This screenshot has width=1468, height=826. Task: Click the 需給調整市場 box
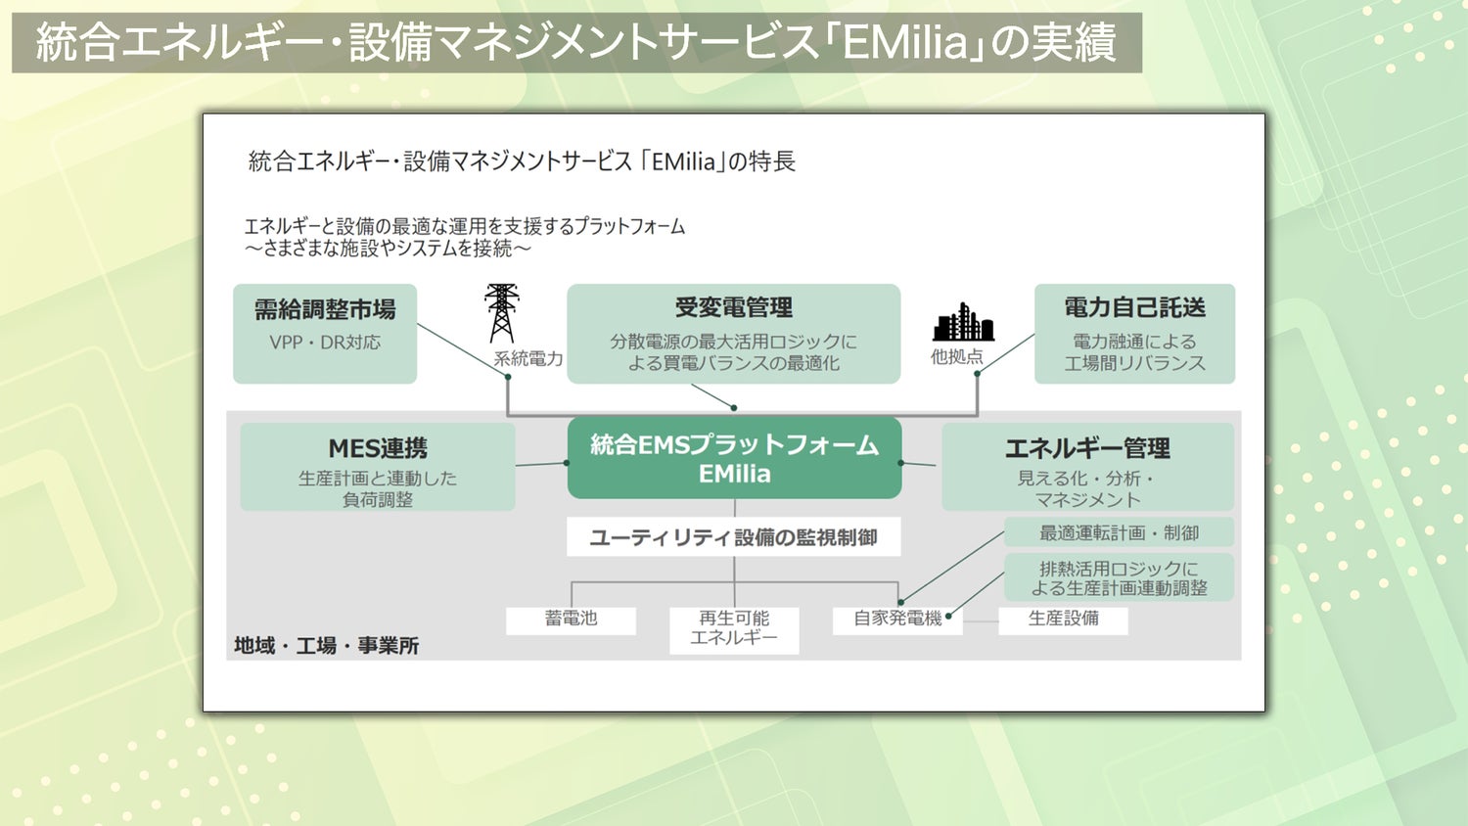point(325,333)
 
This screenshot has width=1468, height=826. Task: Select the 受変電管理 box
point(733,333)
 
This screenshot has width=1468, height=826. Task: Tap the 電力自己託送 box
point(1134,333)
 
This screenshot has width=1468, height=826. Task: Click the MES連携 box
point(378,467)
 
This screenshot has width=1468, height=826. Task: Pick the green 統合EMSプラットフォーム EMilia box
point(734,458)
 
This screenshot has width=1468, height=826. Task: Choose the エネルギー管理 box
point(1087,467)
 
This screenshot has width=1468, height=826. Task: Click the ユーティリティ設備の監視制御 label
point(733,537)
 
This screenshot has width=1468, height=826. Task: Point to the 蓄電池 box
point(571,619)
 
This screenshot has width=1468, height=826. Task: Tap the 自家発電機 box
point(897,619)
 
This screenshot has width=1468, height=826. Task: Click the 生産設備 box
point(1063,619)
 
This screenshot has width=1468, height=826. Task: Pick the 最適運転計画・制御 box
point(1119,533)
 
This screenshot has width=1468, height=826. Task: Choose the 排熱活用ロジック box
point(1119,577)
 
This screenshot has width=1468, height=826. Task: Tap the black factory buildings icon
point(964,322)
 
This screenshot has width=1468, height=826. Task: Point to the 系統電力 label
point(528,359)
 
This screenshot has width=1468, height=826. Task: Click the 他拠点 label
point(956,357)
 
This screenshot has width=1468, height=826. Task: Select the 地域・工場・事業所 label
point(326,646)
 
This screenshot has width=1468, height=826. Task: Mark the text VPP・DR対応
point(325,343)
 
